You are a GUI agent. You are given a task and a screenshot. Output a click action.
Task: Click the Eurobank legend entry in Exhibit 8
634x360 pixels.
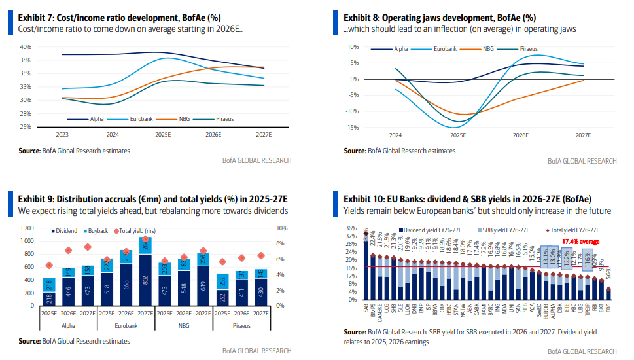click(444, 49)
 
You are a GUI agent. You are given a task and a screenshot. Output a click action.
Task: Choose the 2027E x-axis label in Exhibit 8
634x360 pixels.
click(582, 135)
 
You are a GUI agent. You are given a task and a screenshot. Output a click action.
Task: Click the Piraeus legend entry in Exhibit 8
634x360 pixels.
click(529, 49)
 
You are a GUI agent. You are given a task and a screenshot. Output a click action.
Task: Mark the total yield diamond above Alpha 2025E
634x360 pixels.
click(49, 265)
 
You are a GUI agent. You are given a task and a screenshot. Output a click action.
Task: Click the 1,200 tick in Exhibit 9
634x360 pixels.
click(26, 228)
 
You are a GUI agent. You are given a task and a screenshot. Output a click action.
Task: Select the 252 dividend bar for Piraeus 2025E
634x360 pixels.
click(223, 297)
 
